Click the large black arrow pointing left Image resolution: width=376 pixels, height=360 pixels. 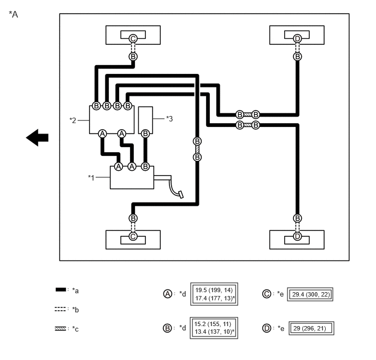coord(37,137)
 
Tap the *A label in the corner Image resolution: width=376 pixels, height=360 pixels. coord(14,14)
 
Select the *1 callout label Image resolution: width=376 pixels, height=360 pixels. coord(91,178)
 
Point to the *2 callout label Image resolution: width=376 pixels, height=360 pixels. coord(73,120)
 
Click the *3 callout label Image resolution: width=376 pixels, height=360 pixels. coord(169,119)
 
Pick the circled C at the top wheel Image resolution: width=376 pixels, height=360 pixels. coord(133,38)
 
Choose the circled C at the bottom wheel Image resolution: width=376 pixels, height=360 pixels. coord(133,236)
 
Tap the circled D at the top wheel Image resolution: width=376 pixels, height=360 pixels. coord(297,38)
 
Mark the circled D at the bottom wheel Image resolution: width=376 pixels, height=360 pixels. coord(297,236)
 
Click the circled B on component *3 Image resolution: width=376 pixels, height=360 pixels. coord(145,133)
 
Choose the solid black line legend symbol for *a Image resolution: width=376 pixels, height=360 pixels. coord(61,289)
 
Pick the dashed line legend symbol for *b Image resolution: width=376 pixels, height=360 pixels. coord(60,309)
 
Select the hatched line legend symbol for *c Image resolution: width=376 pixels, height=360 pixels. coord(60,329)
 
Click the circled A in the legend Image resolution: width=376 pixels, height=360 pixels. coord(168,294)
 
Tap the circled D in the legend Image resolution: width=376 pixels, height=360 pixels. coord(267,328)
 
